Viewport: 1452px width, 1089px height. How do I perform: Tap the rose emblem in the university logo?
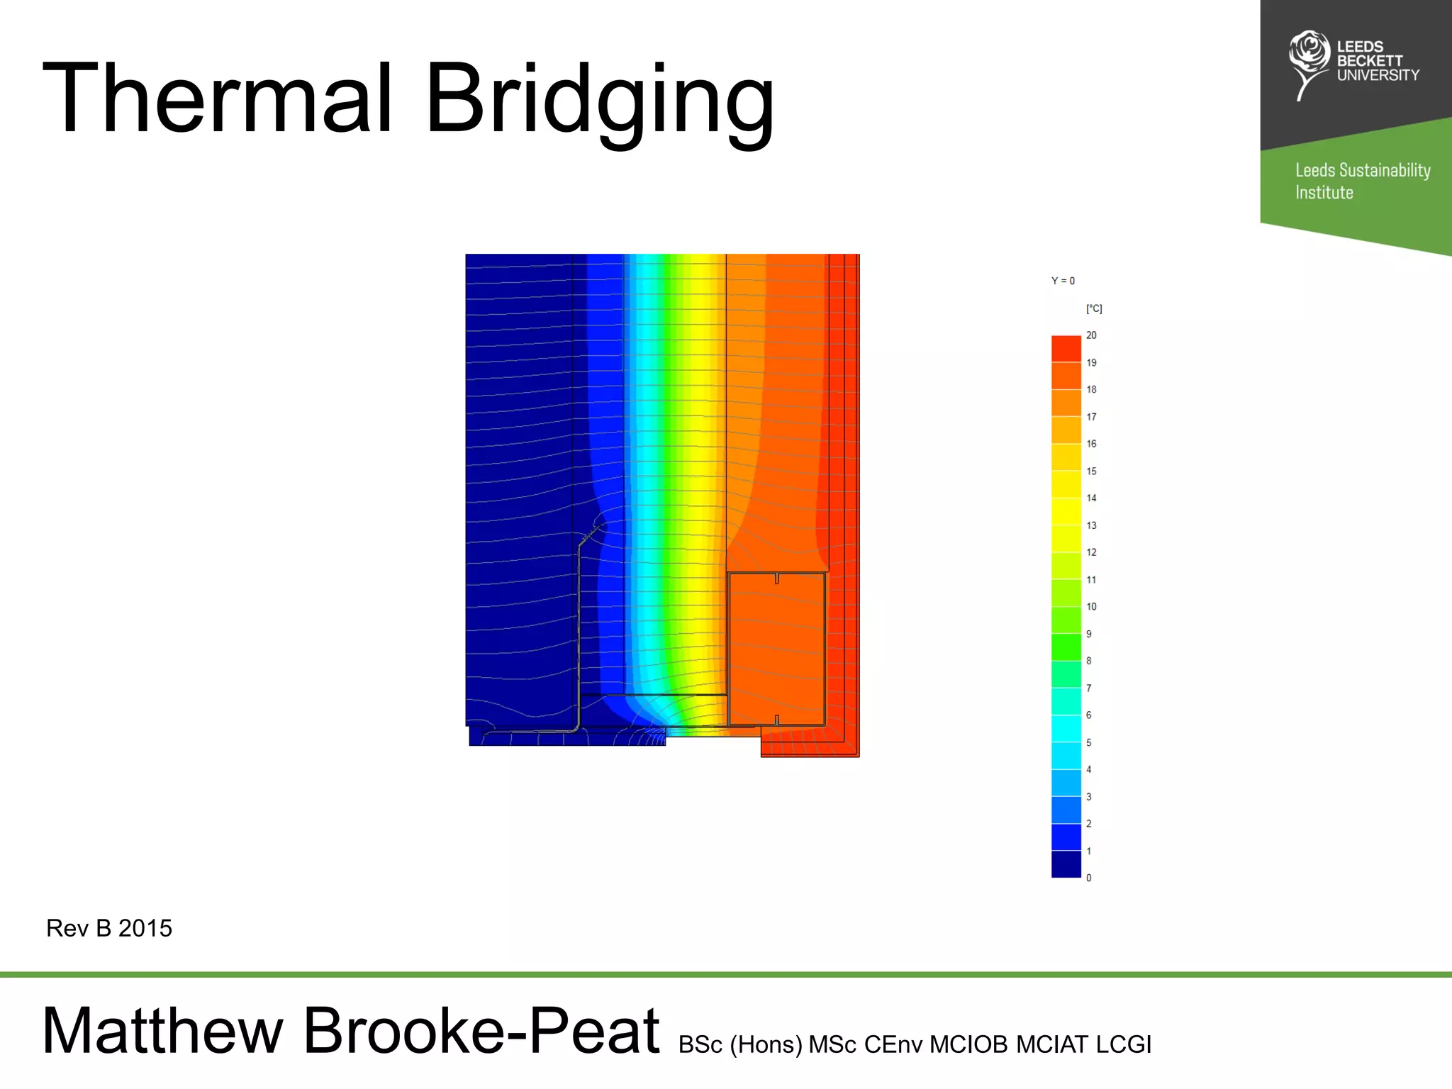[1308, 55]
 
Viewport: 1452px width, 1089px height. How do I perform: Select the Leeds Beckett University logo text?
[1378, 61]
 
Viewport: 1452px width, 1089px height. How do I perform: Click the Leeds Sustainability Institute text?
[1362, 181]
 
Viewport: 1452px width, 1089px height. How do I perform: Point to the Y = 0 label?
[1063, 281]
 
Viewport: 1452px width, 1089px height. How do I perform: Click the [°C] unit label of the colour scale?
[1094, 308]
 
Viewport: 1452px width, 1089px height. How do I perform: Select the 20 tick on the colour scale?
[1091, 335]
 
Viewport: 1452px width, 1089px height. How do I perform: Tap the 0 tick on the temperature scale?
[1089, 878]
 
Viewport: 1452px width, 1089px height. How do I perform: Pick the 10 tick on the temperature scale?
[1091, 607]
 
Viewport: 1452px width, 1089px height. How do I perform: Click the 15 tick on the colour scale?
[1091, 471]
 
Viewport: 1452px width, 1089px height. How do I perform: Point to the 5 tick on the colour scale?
[1089, 742]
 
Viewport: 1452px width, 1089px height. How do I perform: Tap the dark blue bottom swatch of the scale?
[1066, 864]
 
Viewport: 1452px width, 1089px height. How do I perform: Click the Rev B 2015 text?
[109, 928]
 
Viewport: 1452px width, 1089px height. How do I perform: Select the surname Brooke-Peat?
[481, 1031]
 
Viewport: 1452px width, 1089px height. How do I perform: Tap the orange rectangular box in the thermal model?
[776, 649]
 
